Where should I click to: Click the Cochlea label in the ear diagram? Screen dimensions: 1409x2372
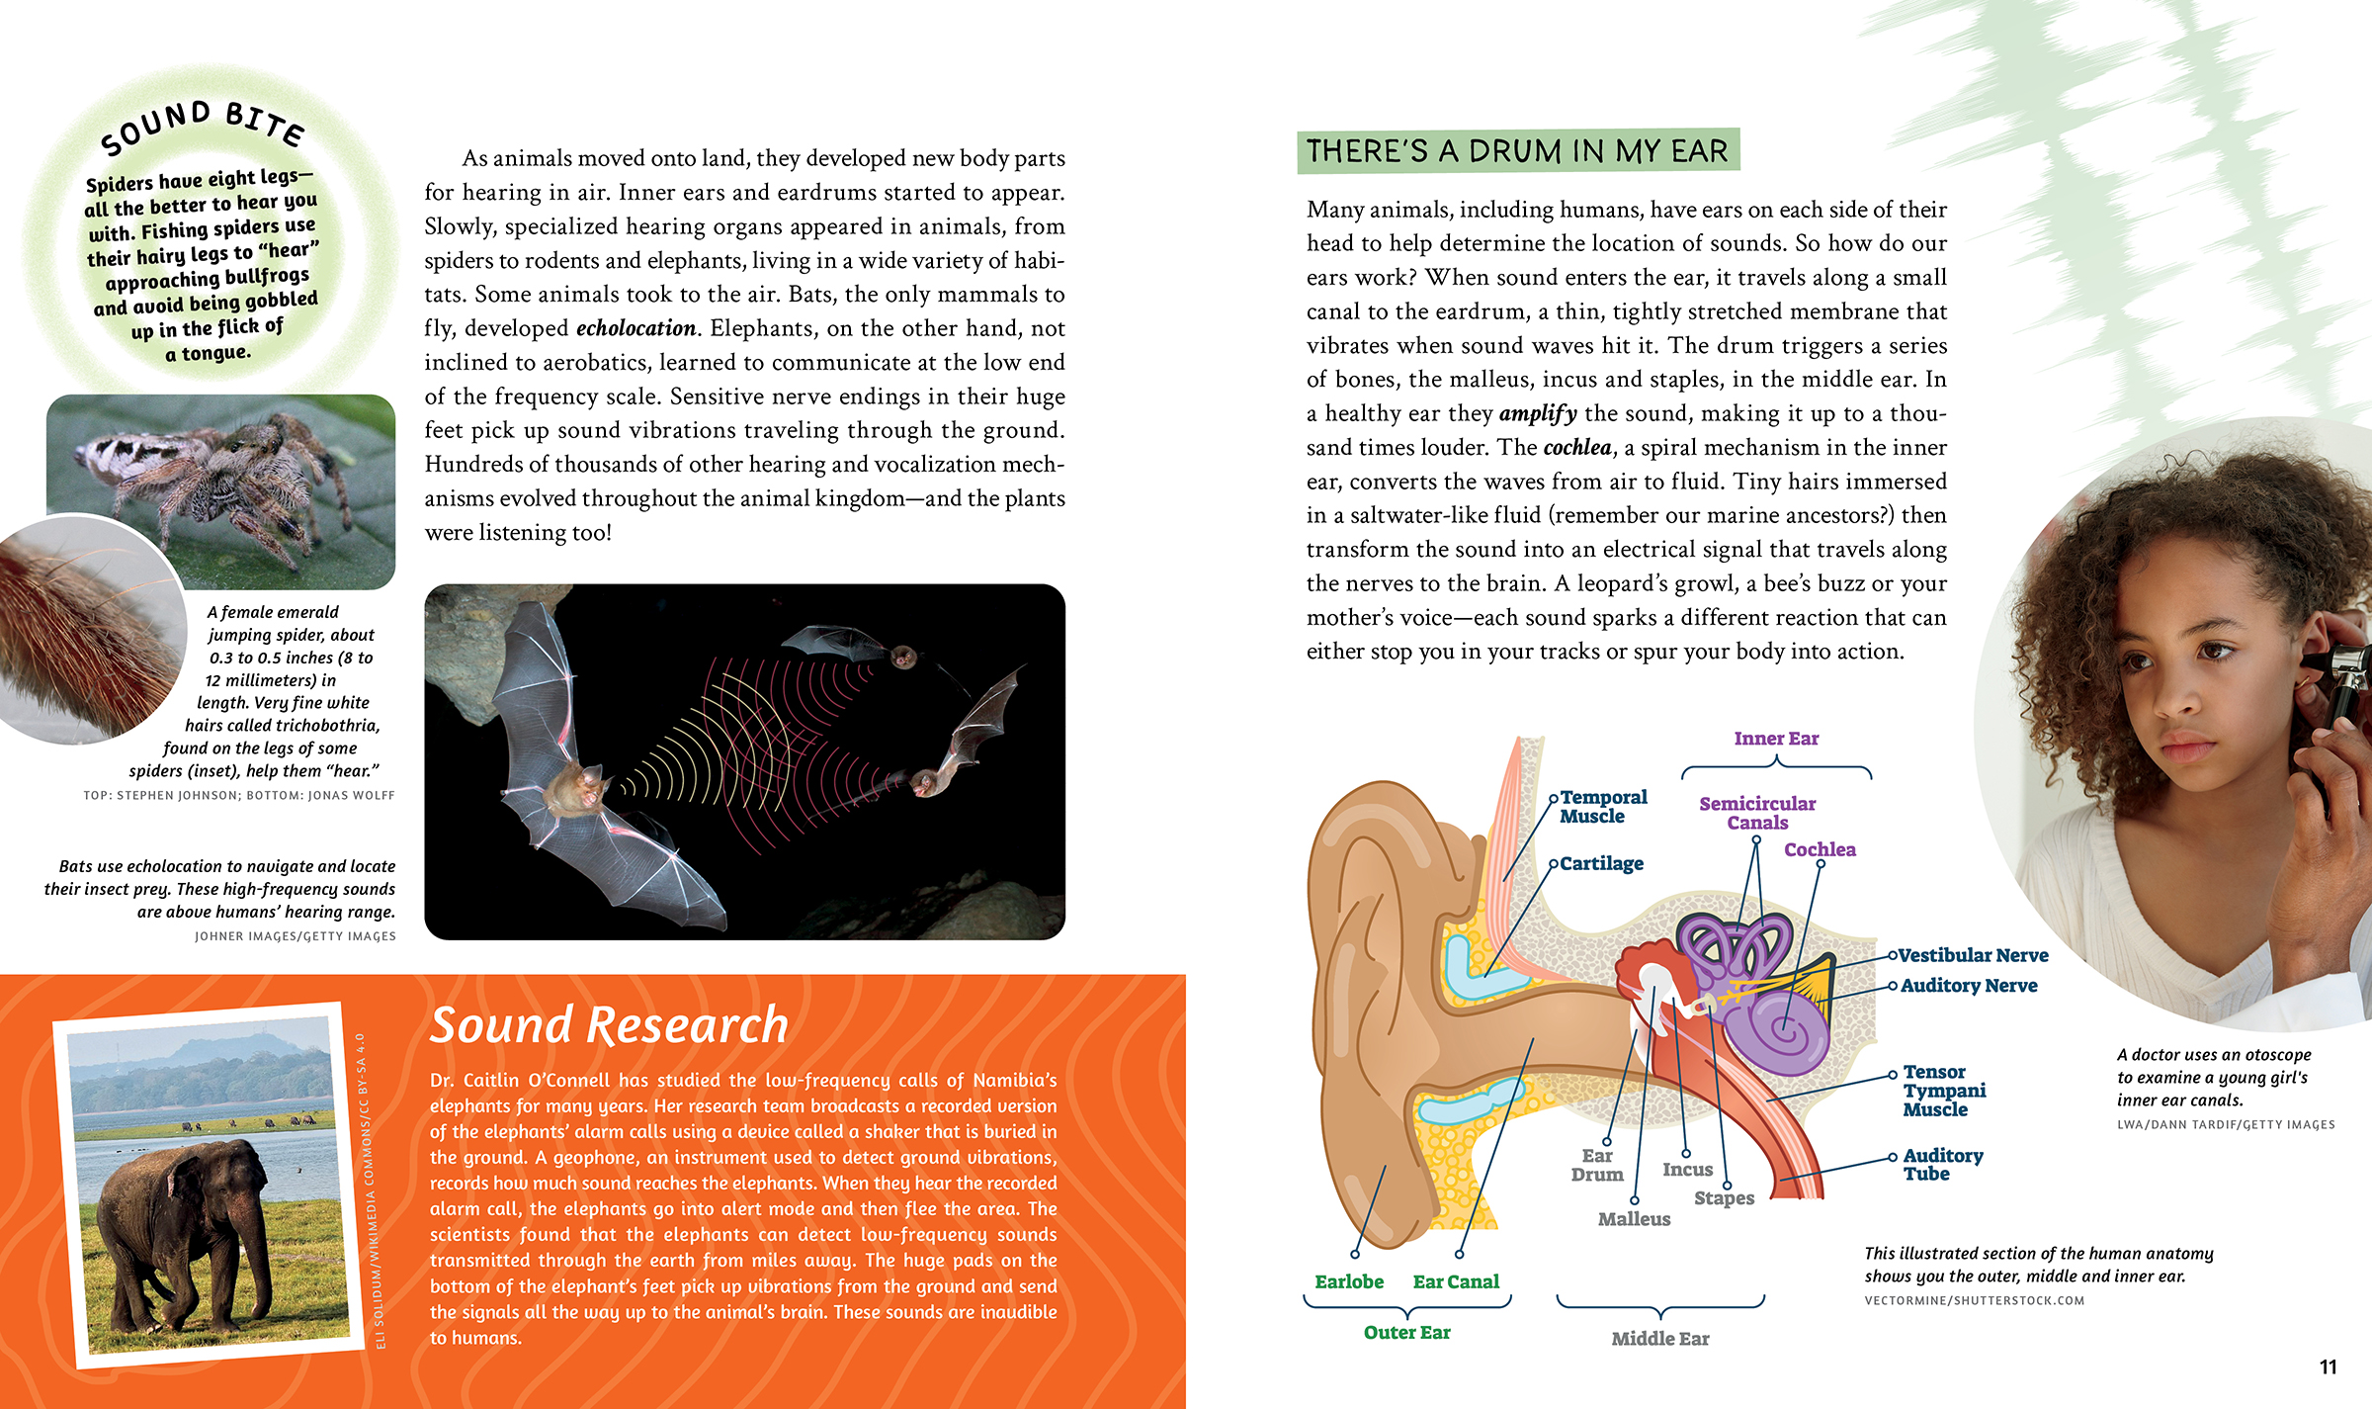click(1820, 849)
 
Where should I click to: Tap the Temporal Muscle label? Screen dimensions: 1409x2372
click(1603, 807)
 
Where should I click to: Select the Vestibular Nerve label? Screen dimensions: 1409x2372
click(1973, 955)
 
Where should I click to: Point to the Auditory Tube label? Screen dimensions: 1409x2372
click(1942, 1165)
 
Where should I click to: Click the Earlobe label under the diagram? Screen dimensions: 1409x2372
click(1349, 1282)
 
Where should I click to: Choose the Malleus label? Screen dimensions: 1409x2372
click(1634, 1219)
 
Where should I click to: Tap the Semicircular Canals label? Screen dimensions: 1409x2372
click(1757, 813)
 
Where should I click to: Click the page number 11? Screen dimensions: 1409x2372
click(2328, 1367)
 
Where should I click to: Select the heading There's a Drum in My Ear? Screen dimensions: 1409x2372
click(1517, 151)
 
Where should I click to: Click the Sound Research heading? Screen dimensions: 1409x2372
click(609, 1025)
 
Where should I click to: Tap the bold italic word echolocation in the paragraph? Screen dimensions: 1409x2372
click(636, 328)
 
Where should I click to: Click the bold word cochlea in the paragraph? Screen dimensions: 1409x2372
click(1576, 448)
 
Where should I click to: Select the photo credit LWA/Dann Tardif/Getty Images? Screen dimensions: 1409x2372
click(2226, 1124)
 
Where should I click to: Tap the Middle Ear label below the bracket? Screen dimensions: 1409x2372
click(1659, 1339)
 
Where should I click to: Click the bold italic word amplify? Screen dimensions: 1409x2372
click(1537, 414)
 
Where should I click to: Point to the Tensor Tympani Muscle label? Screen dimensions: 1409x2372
click(1943, 1091)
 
